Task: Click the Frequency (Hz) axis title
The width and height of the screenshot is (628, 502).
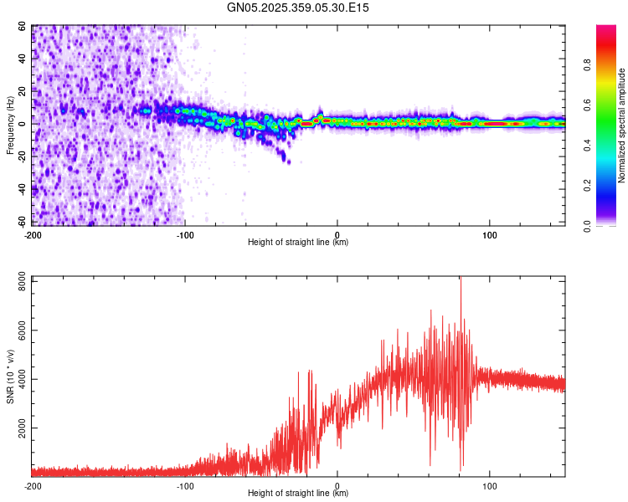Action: [x=10, y=125]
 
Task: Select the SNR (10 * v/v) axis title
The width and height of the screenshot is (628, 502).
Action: [x=10, y=376]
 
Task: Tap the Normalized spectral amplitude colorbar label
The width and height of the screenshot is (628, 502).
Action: [x=621, y=125]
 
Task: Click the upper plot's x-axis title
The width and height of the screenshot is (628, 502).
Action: [x=298, y=242]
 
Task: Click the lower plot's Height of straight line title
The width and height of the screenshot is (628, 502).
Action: [x=298, y=493]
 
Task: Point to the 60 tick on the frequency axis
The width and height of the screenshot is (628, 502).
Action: [x=23, y=27]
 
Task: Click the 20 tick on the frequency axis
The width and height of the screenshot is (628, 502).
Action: [x=23, y=90]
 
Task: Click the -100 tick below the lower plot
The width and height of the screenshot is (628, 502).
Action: [x=185, y=485]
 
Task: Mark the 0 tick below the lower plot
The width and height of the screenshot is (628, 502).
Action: [x=337, y=485]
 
